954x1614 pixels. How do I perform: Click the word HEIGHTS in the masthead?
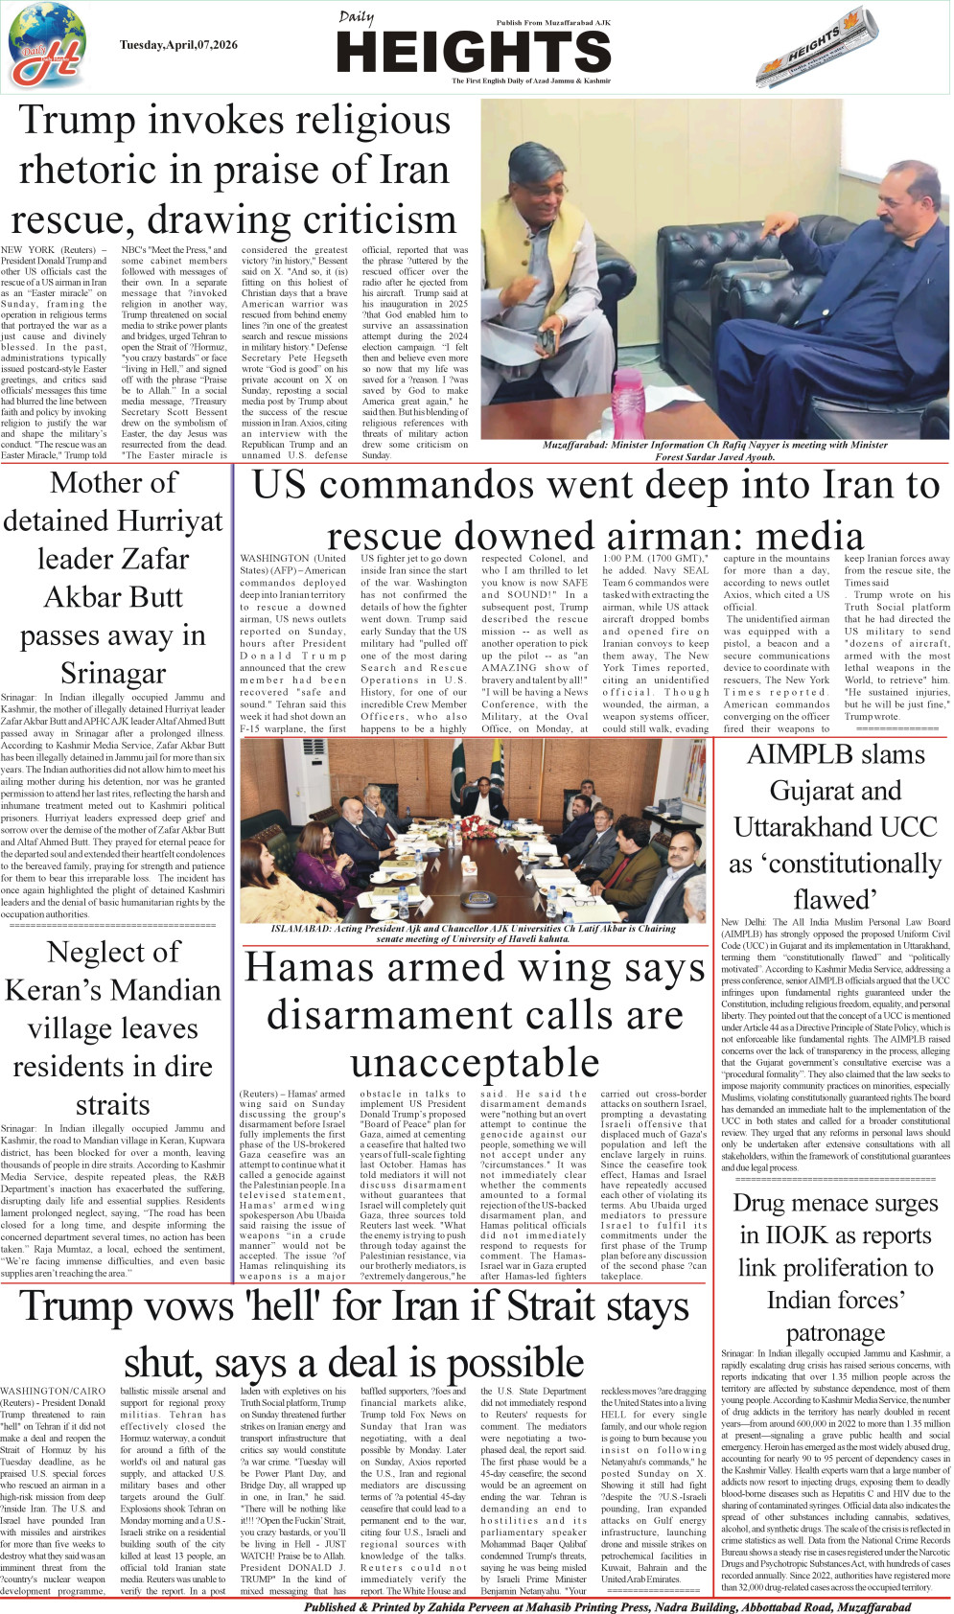474,52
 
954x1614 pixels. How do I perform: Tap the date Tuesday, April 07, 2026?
178,45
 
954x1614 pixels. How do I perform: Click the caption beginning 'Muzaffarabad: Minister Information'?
714,450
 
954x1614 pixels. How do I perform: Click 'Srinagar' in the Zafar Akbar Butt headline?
112,673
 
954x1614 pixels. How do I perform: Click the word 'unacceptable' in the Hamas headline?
475,1062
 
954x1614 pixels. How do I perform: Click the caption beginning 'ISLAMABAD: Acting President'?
474,934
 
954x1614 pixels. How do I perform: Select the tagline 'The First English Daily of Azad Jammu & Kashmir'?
531,81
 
